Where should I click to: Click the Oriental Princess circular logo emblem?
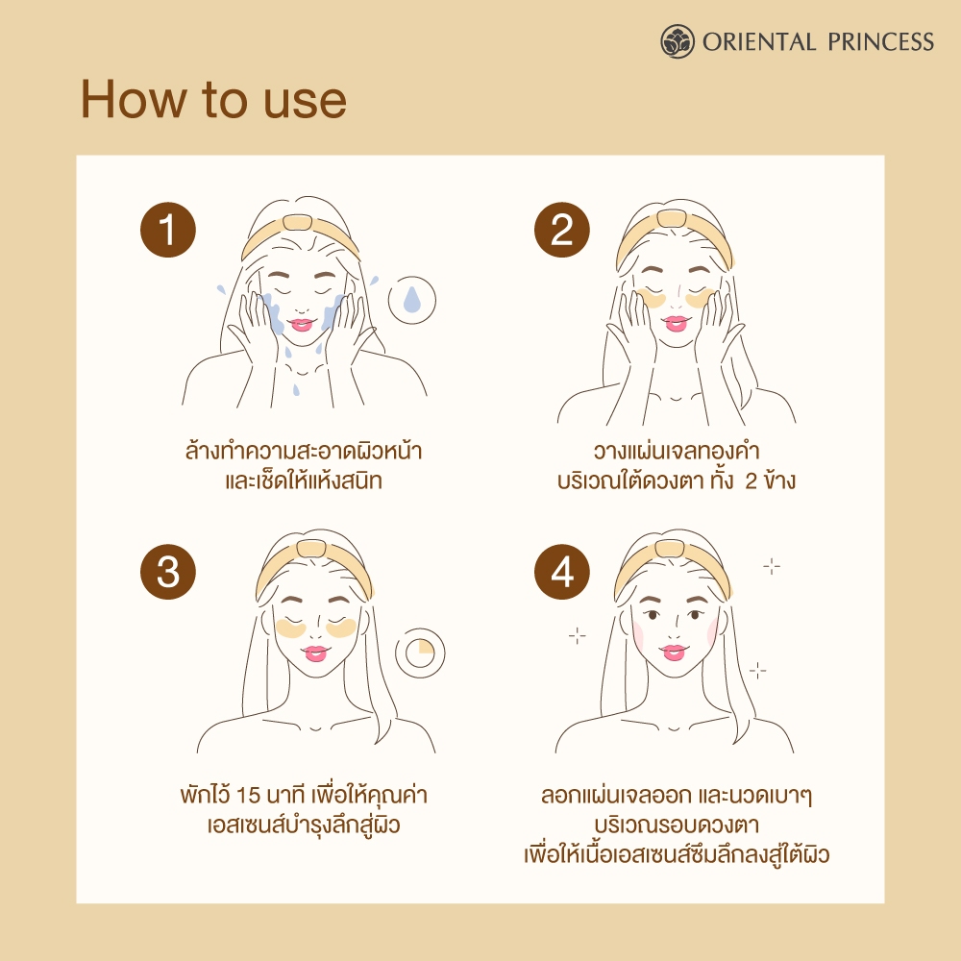678,41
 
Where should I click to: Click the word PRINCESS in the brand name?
880,41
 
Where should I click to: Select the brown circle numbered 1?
168,230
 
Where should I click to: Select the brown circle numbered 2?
562,230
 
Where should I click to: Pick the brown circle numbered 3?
168,572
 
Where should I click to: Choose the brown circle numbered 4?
562,572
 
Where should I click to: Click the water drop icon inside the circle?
412,300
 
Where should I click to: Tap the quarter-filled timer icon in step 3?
420,653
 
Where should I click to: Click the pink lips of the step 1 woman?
301,324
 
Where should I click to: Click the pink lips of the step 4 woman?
674,653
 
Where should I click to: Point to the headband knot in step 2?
671,218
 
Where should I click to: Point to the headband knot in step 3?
310,549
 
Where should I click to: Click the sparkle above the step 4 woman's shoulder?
757,671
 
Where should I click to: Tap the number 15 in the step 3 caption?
248,796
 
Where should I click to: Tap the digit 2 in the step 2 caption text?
751,481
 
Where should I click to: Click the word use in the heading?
306,102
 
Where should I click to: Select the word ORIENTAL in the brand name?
759,41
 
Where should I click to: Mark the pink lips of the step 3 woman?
315,653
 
